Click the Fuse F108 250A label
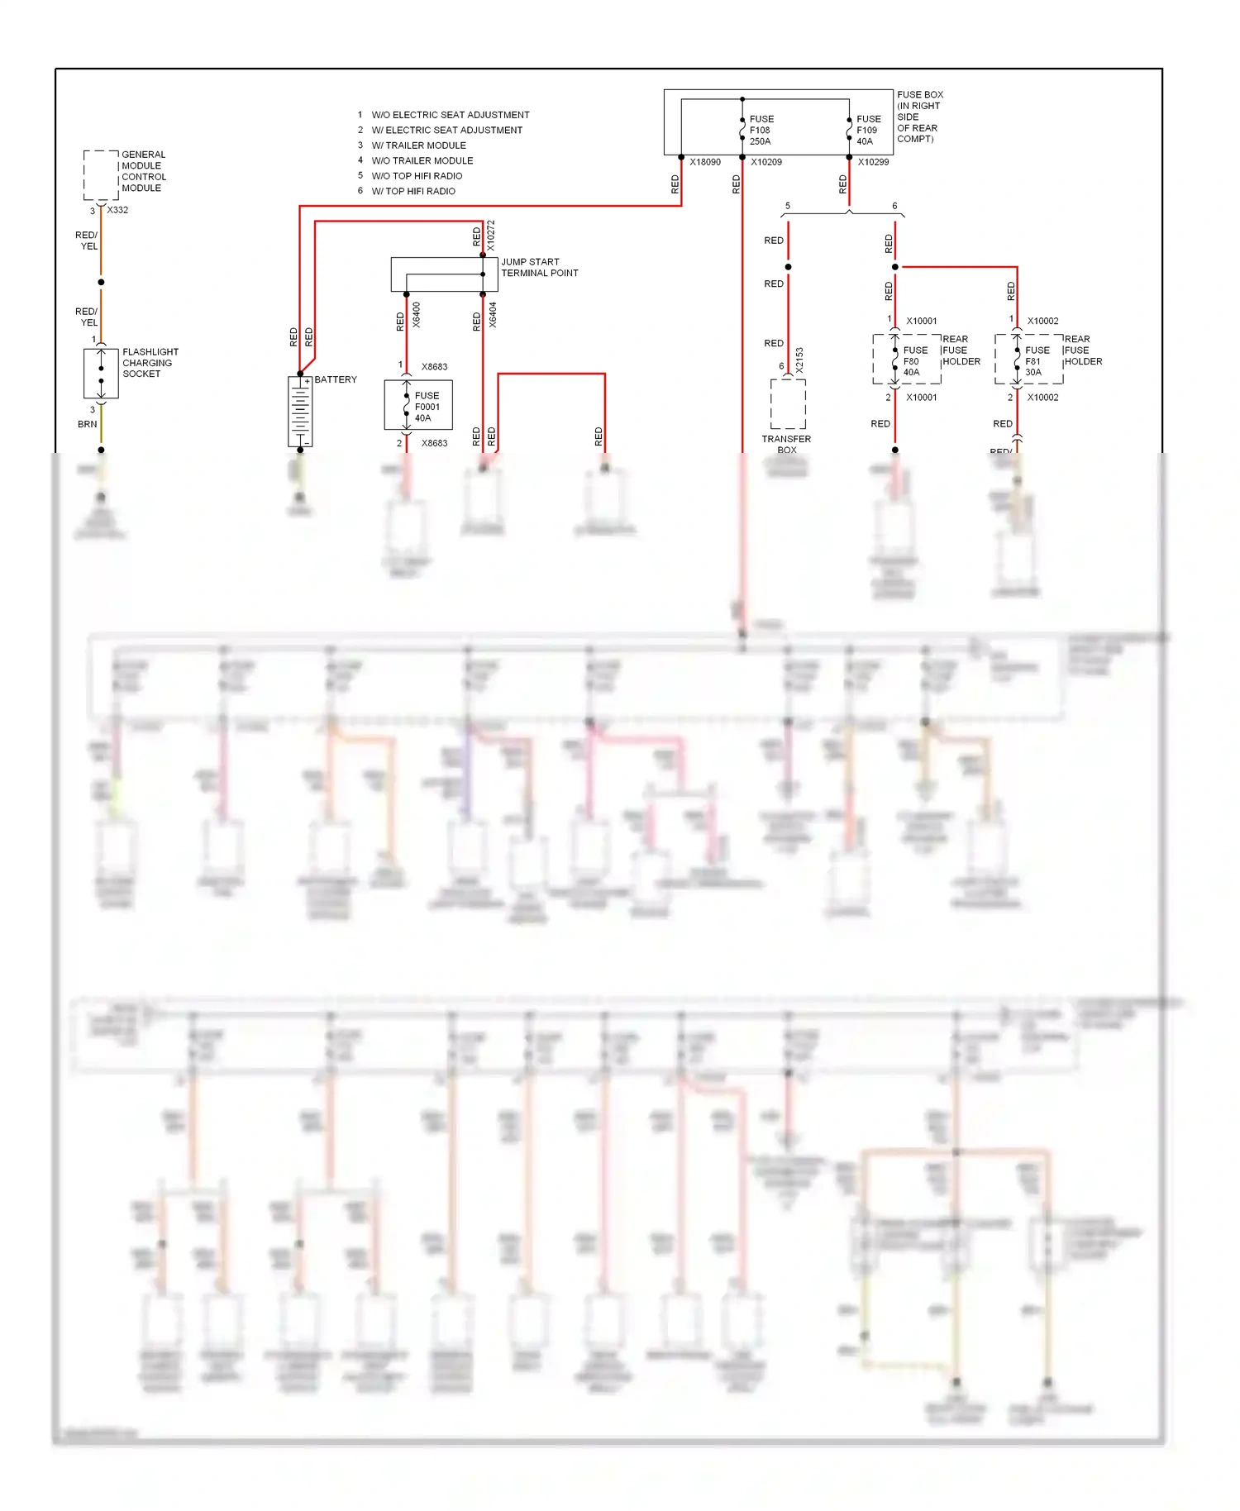click(x=761, y=131)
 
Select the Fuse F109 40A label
click(x=868, y=131)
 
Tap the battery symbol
click(x=300, y=412)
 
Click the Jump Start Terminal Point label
click(x=539, y=267)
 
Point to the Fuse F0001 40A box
click(x=418, y=405)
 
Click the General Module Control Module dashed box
click(x=101, y=175)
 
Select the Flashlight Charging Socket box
click(x=101, y=374)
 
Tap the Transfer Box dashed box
click(x=788, y=403)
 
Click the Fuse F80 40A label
click(x=914, y=361)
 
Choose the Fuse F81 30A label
click(x=1037, y=361)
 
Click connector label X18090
click(x=705, y=162)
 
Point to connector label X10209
click(x=766, y=162)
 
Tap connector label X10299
click(x=873, y=162)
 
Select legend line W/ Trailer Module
click(x=418, y=145)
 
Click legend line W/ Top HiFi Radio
click(x=413, y=191)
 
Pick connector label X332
click(x=117, y=210)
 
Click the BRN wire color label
click(x=87, y=424)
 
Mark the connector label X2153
click(x=799, y=360)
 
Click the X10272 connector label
click(x=490, y=235)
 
